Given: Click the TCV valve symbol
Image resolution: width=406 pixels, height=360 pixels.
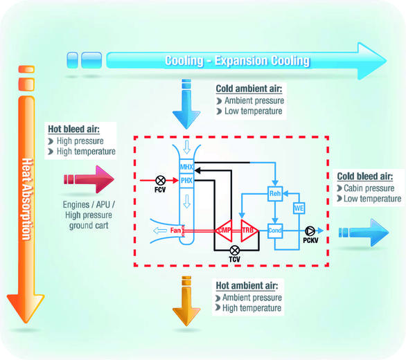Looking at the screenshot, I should click(x=234, y=249).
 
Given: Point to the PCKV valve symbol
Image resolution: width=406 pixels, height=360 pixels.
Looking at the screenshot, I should click(x=309, y=231).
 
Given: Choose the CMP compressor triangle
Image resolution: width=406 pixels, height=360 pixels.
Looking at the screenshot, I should click(x=224, y=231).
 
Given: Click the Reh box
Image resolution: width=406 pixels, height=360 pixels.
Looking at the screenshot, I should click(x=275, y=195).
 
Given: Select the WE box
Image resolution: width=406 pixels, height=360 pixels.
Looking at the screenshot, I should click(x=299, y=208).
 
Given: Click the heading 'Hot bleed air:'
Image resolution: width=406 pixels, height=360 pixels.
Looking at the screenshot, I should click(x=73, y=129).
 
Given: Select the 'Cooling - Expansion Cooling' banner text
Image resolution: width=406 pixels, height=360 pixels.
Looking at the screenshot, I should click(x=237, y=61).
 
